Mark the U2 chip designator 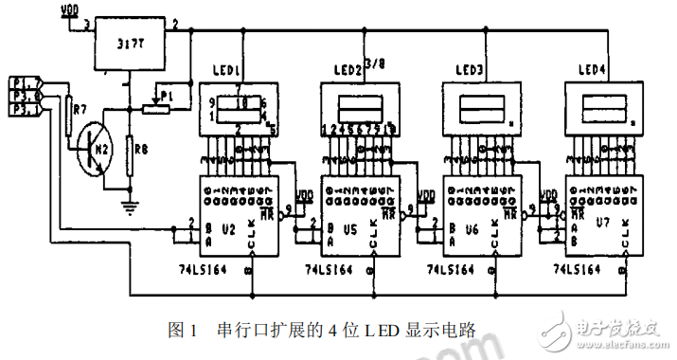(228, 227)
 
